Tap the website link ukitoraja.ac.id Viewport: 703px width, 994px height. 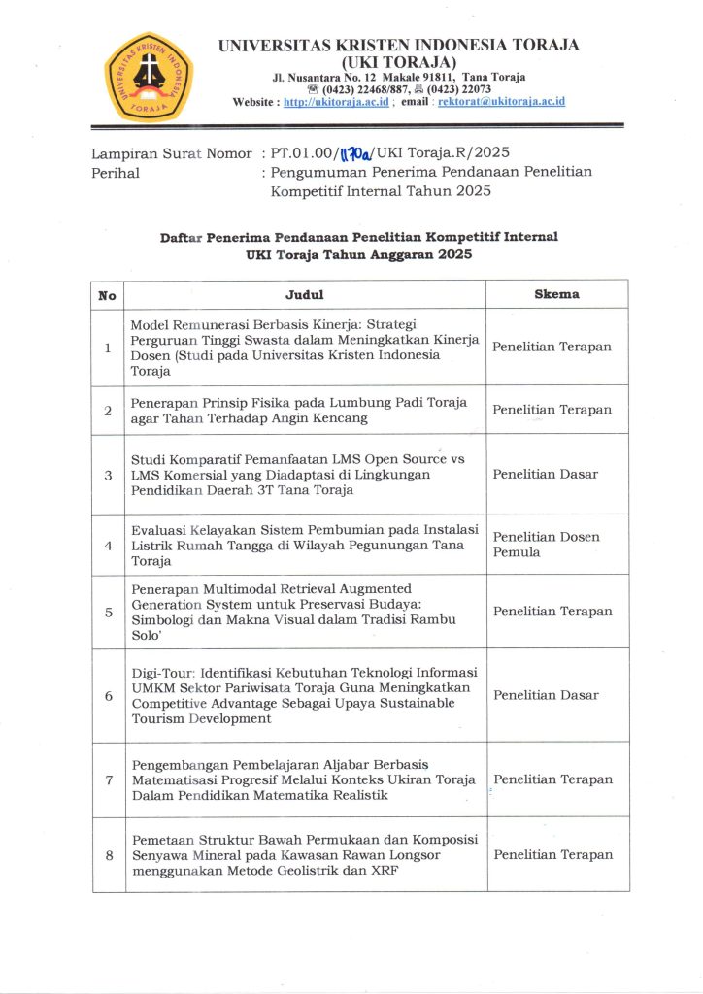336,101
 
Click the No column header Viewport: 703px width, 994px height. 108,294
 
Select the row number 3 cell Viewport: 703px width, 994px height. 108,475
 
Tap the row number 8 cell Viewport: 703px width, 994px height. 108,855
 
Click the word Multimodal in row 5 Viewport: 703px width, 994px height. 226,588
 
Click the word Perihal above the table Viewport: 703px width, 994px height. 116,173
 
